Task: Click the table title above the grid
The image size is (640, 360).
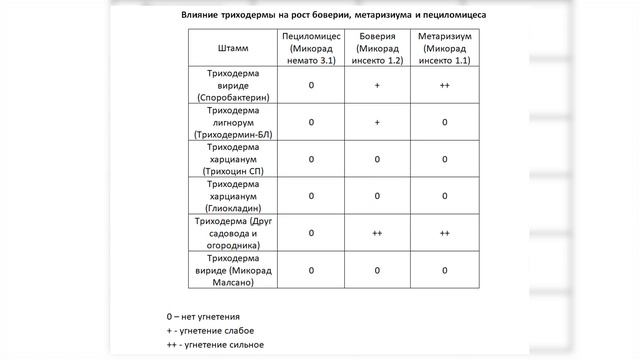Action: (320, 15)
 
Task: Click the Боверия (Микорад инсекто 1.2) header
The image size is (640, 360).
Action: (377, 48)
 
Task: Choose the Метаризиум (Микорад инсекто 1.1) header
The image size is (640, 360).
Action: (443, 48)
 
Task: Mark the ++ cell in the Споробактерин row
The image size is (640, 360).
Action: (443, 86)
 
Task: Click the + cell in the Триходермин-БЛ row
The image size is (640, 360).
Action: (377, 122)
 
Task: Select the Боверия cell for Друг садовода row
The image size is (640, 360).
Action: (377, 232)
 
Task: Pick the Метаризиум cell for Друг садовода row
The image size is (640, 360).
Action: (443, 232)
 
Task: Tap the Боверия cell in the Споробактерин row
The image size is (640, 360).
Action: (377, 86)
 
